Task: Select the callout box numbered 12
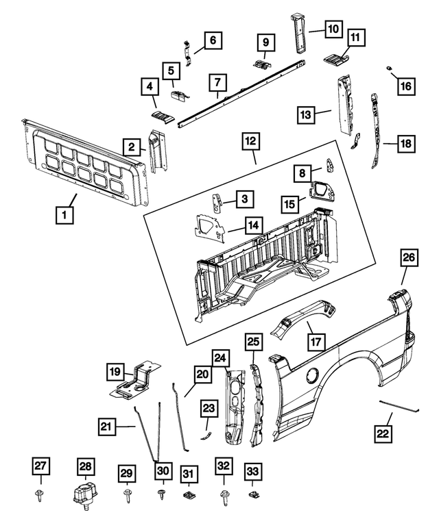coord(251,142)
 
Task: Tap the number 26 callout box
coord(410,258)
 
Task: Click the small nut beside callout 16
coord(388,68)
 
